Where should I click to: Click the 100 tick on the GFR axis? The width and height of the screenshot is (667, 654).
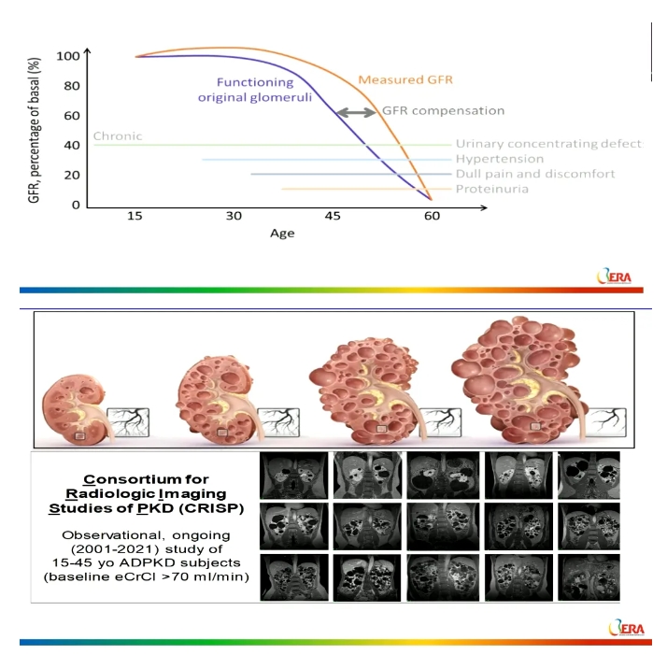click(68, 56)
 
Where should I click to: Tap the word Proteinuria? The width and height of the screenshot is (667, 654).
click(491, 190)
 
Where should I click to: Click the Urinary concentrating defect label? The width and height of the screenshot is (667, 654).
click(549, 144)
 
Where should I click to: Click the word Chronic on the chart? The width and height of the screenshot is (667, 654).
click(118, 136)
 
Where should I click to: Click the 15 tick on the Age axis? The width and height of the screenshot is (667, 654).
click(135, 216)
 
